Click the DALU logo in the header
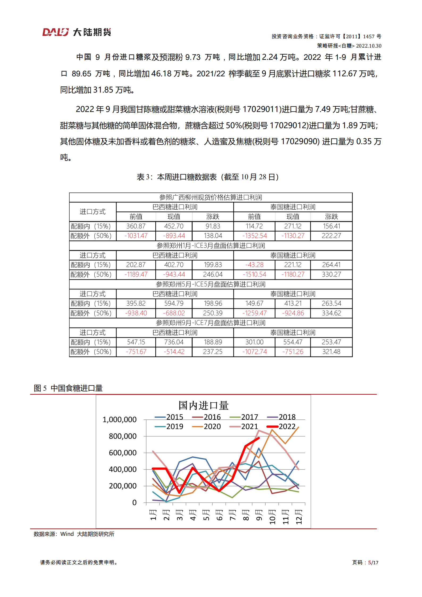tap(77, 32)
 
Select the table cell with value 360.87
tap(136, 226)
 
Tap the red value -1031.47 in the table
tap(136, 236)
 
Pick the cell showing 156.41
tap(331, 226)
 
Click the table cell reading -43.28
tap(254, 265)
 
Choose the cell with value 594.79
tap(174, 303)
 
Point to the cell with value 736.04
tap(174, 342)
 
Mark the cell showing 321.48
tap(331, 352)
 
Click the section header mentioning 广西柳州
tap(211, 197)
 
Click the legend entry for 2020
tap(207, 427)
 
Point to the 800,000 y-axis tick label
tap(123, 436)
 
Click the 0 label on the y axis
tap(134, 503)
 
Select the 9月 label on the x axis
tap(259, 515)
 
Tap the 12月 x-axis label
tap(299, 517)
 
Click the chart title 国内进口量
tap(203, 406)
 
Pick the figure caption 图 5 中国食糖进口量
tap(68, 388)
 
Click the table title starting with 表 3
tap(208, 177)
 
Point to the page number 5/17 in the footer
tap(373, 562)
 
